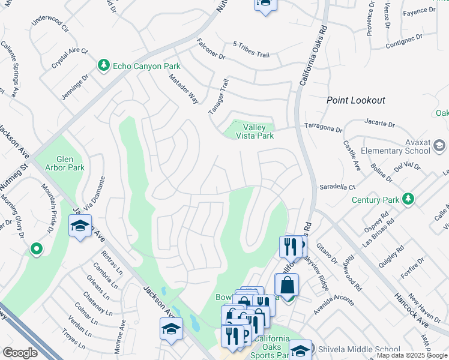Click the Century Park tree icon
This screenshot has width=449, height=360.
coord(408,198)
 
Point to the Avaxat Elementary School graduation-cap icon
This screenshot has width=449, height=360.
coord(439,146)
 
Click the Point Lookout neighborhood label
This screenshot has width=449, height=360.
coord(356,100)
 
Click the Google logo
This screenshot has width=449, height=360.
coord(20,353)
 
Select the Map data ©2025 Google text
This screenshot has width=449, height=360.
coord(412,355)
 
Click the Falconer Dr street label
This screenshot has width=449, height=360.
coord(211,49)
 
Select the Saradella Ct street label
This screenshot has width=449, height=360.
coord(337,187)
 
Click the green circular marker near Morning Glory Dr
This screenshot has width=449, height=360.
coord(36,248)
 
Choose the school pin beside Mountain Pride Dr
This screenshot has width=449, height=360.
coord(80,227)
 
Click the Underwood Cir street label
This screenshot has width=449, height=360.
coord(50,28)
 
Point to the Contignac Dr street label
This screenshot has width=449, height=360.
coord(404,37)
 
